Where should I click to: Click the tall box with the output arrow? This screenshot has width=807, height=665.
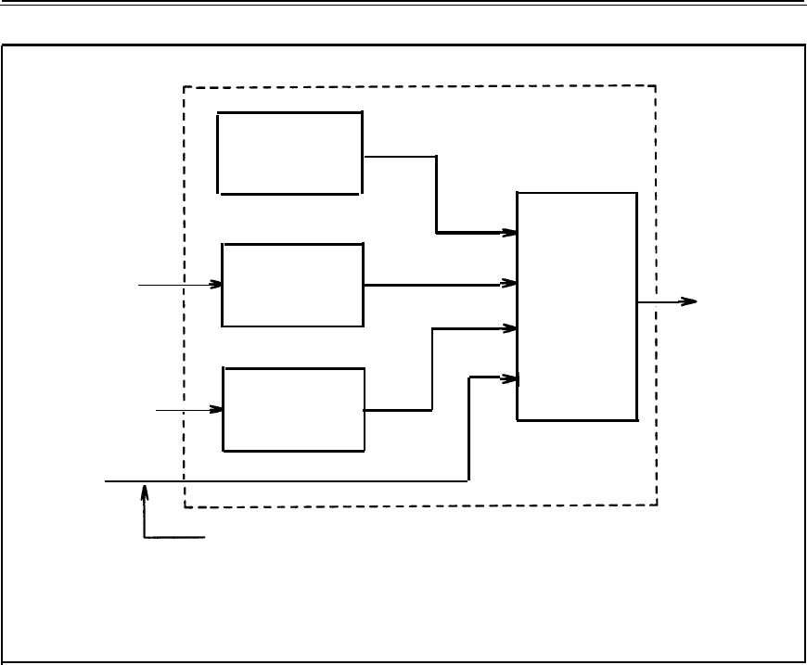point(577,306)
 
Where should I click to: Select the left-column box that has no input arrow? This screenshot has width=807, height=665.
point(289,153)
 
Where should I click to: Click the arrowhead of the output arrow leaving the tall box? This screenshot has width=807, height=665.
point(689,301)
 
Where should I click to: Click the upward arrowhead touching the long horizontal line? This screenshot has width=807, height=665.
point(144,489)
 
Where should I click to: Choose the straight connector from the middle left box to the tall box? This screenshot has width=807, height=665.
point(436,285)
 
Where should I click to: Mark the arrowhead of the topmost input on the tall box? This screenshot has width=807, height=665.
point(511,231)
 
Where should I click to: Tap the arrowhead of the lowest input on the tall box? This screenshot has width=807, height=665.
point(511,377)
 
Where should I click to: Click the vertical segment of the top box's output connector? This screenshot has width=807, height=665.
point(437,194)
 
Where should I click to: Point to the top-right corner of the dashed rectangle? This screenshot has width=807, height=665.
point(656,86)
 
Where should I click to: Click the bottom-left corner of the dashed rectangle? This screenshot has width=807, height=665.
point(185,506)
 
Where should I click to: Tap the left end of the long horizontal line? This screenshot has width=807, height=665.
point(106,481)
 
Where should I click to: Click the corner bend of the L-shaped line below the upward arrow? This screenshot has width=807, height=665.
point(145,536)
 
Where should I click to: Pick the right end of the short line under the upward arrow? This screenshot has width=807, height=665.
point(204,536)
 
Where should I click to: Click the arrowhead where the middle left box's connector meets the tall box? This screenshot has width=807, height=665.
point(511,282)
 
